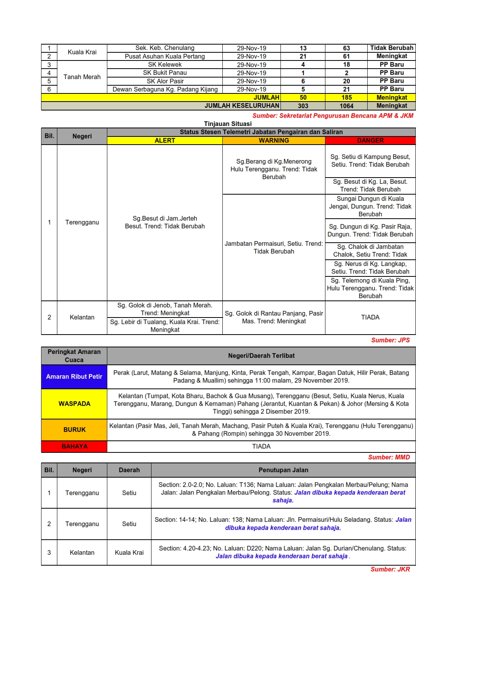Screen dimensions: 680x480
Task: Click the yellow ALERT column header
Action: [165, 140]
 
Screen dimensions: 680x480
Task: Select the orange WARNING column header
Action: [274, 140]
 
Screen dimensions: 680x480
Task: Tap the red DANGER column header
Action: [370, 140]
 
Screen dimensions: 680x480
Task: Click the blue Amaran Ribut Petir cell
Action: [74, 376]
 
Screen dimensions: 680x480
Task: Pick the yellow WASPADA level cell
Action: [74, 404]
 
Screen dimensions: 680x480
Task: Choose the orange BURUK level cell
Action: [74, 430]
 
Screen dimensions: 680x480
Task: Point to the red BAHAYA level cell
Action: [74, 446]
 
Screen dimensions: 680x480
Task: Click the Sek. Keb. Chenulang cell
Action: [165, 48]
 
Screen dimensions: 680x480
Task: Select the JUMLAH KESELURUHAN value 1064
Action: [346, 106]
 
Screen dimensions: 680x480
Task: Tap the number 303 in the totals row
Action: [303, 106]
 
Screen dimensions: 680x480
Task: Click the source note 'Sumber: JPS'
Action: [390, 340]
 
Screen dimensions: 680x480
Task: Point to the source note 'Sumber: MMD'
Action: [389, 457]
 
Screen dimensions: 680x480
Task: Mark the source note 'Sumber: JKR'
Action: [390, 569]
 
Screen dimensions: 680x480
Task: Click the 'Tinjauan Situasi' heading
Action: [228, 124]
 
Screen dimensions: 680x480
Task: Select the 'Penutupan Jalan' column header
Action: [283, 470]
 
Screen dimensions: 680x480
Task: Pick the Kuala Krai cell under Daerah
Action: [129, 552]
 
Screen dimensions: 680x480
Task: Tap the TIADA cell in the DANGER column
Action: [370, 317]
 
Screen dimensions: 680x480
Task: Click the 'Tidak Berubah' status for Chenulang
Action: [391, 48]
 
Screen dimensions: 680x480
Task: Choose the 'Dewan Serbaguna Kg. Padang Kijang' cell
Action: [165, 89]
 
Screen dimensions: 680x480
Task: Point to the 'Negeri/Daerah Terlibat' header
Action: [261, 356]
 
